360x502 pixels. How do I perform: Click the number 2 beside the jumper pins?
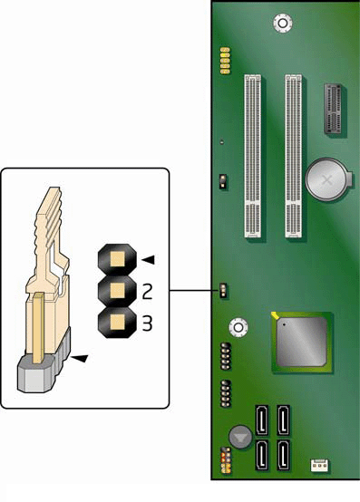[x=147, y=292]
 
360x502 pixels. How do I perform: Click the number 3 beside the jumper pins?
[x=147, y=323]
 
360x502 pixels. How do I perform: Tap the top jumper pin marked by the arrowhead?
[x=117, y=259]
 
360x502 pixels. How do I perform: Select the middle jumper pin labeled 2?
[x=117, y=291]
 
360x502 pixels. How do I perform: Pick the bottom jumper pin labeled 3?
[x=117, y=322]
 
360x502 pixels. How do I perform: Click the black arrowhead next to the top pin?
[x=149, y=260]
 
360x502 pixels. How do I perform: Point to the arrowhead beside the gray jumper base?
[x=79, y=359]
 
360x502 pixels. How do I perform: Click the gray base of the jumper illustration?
[x=35, y=374]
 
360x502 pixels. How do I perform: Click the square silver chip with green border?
[x=301, y=343]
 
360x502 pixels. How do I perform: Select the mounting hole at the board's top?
[x=283, y=23]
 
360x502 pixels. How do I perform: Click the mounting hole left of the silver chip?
[x=238, y=327]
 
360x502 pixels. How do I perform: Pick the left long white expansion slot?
[x=253, y=156]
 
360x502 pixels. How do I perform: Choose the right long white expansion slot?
[x=294, y=156]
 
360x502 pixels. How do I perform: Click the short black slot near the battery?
[x=334, y=109]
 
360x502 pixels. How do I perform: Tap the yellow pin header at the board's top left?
[x=225, y=61]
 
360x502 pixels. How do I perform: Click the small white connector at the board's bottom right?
[x=319, y=465]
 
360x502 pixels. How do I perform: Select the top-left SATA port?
[x=262, y=420]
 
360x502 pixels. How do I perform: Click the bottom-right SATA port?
[x=283, y=455]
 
